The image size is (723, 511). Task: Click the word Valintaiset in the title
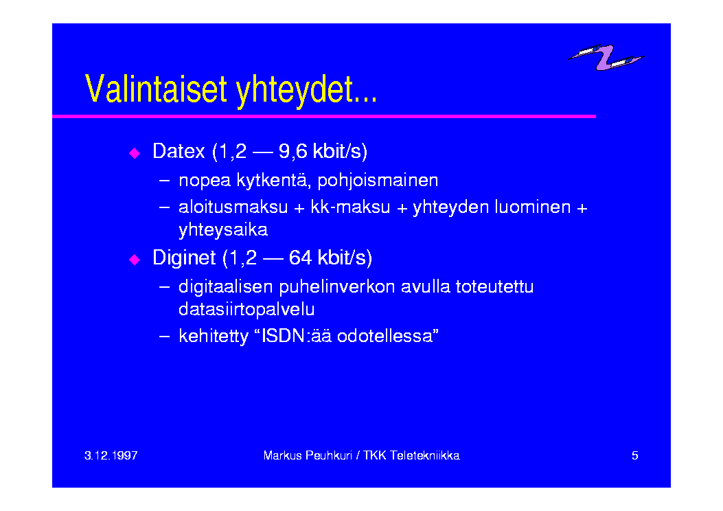pyautogui.click(x=157, y=89)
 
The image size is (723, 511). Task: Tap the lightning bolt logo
pyautogui.click(x=606, y=57)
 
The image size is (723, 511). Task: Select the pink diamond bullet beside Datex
pyautogui.click(x=135, y=153)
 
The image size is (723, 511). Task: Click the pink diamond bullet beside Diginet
pyautogui.click(x=135, y=260)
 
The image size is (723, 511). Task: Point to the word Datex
pyautogui.click(x=179, y=151)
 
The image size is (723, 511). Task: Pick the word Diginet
pyautogui.click(x=184, y=258)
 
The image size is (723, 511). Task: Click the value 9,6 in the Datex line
pyautogui.click(x=292, y=152)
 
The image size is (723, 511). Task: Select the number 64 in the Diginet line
pyautogui.click(x=300, y=258)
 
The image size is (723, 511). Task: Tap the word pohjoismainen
pyautogui.click(x=378, y=181)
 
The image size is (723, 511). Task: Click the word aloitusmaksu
pyautogui.click(x=233, y=207)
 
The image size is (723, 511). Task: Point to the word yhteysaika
pyautogui.click(x=223, y=230)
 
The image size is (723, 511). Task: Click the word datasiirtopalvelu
pyautogui.click(x=246, y=309)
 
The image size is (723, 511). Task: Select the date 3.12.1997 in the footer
pyautogui.click(x=111, y=455)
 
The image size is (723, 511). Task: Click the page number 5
pyautogui.click(x=635, y=455)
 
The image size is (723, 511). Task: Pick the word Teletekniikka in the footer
pyautogui.click(x=425, y=455)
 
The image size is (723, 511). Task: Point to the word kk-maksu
pyautogui.click(x=350, y=207)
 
